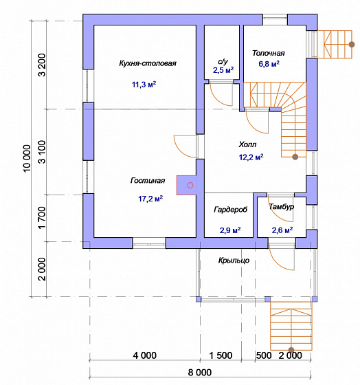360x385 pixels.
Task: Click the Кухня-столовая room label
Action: (x=148, y=63)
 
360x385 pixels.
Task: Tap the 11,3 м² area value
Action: (x=144, y=85)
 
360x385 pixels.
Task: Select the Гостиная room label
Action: (x=148, y=180)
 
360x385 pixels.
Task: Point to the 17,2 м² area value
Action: (x=150, y=199)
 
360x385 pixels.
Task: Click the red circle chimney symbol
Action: (x=190, y=186)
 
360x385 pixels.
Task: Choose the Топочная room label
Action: (x=269, y=53)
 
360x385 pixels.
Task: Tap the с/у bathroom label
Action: (x=223, y=61)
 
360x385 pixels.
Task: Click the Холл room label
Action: (x=247, y=144)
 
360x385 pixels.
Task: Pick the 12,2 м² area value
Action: (x=251, y=157)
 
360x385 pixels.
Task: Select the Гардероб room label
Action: (x=231, y=210)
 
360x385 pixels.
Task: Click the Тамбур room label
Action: (x=282, y=206)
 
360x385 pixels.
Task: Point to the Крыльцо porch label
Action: (x=234, y=261)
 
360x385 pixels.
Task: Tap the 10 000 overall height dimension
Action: (x=27, y=158)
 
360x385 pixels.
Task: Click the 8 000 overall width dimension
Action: (x=200, y=373)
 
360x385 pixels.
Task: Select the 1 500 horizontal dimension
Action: (x=221, y=355)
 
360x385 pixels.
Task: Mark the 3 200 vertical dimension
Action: (x=42, y=65)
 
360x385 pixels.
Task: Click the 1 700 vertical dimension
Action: (x=42, y=217)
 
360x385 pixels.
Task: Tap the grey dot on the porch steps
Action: (x=291, y=350)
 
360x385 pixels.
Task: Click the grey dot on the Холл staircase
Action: (x=295, y=157)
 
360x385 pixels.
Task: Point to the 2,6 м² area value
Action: (x=282, y=230)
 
